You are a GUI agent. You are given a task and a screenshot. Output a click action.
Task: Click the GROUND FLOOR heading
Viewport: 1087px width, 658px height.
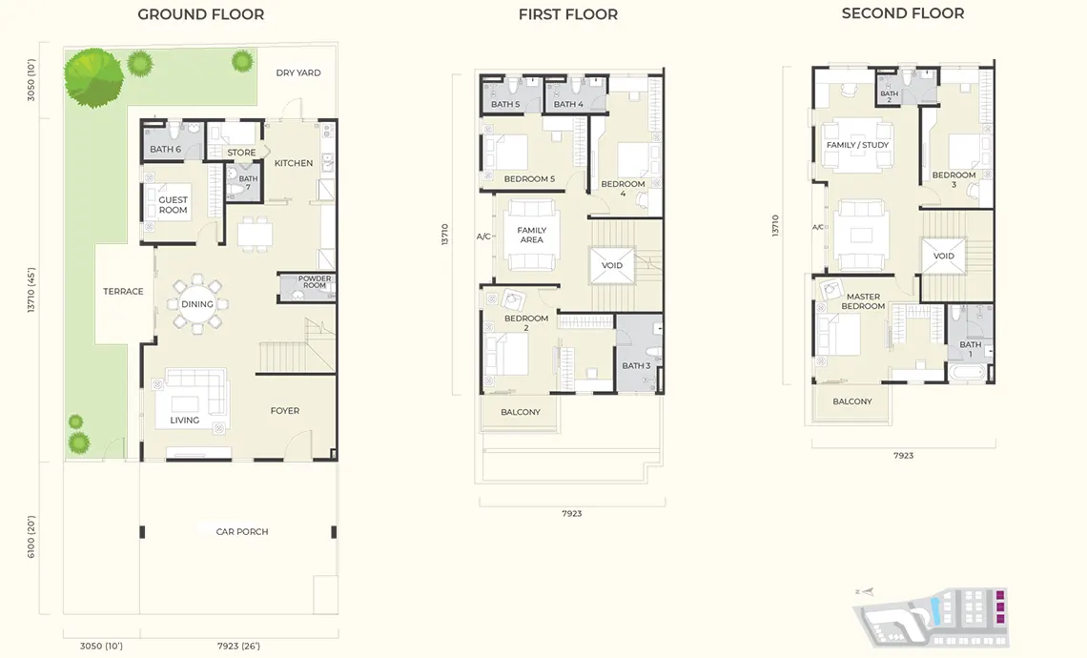click(201, 14)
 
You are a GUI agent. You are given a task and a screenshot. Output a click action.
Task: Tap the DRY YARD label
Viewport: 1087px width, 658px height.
click(298, 72)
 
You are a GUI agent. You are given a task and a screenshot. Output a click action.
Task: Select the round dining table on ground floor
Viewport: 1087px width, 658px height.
click(196, 303)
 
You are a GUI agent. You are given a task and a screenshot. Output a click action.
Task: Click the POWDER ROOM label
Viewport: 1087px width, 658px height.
click(314, 281)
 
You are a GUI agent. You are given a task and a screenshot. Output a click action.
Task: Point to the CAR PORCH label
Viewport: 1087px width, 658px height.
click(242, 532)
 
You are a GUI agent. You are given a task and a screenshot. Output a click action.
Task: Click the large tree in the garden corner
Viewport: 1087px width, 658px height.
click(93, 77)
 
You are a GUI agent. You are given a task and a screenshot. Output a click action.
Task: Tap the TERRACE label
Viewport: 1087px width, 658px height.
click(123, 291)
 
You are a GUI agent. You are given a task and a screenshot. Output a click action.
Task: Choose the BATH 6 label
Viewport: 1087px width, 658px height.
click(165, 149)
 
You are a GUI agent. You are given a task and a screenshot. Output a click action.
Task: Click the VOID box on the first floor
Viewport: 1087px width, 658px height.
click(611, 265)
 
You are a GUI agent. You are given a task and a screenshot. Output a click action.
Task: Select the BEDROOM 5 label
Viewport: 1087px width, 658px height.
click(529, 179)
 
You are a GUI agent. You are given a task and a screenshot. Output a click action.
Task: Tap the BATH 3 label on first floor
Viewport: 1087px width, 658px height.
click(636, 365)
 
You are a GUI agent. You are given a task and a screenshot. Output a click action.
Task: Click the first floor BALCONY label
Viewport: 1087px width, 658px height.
click(520, 412)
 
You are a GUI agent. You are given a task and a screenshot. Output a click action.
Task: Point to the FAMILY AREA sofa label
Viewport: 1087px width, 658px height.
click(532, 235)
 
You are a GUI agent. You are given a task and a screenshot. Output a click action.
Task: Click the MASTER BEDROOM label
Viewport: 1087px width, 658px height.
click(863, 301)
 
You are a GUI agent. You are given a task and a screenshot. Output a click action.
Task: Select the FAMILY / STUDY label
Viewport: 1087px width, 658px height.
click(857, 145)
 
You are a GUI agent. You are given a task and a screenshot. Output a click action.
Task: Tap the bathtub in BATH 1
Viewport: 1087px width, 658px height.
click(967, 373)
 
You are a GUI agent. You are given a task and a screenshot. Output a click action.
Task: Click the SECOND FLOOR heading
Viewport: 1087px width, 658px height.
click(903, 13)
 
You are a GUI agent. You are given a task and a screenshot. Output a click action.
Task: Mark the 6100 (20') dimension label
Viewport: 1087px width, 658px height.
click(31, 537)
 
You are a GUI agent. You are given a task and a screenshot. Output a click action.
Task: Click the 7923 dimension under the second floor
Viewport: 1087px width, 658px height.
click(903, 456)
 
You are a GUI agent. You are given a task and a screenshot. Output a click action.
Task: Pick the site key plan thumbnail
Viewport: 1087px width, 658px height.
click(931, 617)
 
